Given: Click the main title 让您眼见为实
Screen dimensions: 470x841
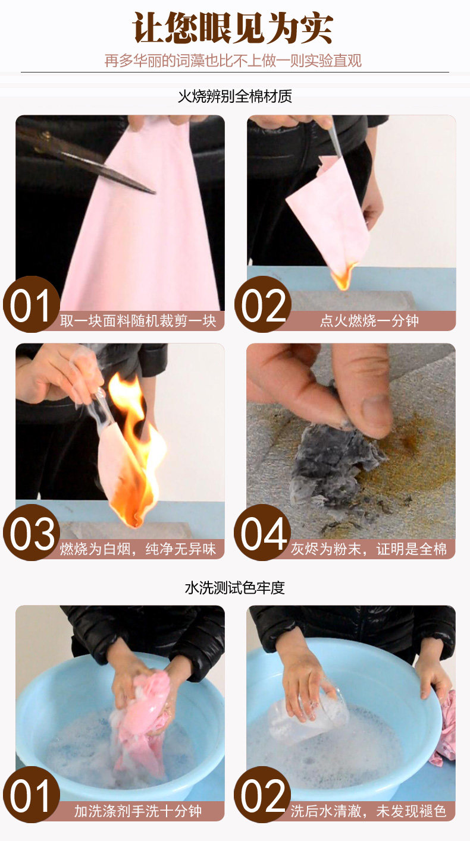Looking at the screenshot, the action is click(x=233, y=28).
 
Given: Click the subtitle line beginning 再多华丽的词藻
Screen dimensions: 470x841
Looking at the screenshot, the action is click(x=233, y=61).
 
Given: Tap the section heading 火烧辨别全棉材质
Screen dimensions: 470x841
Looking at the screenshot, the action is click(x=235, y=96).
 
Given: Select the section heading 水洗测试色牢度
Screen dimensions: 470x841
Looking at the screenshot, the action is click(x=235, y=588).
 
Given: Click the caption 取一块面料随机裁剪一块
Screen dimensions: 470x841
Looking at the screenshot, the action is click(x=138, y=321).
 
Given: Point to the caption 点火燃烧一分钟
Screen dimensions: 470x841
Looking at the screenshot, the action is click(x=369, y=321).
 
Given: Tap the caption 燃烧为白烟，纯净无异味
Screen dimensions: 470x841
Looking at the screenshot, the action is click(x=138, y=549).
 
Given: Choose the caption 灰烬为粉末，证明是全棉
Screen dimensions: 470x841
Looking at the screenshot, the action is click(x=369, y=549).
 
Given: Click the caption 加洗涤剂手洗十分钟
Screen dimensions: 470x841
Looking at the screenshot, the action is click(x=138, y=811).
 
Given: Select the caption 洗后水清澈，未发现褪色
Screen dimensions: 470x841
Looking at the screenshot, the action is click(x=368, y=811).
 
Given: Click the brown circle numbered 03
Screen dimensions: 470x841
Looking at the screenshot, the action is click(x=32, y=533).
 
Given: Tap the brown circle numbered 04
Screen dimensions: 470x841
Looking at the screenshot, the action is click(x=262, y=533).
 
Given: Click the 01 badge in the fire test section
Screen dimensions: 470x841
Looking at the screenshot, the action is click(x=32, y=304).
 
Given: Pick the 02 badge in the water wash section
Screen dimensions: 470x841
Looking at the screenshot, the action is click(x=262, y=795).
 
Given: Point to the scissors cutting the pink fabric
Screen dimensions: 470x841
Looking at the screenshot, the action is click(x=86, y=159).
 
